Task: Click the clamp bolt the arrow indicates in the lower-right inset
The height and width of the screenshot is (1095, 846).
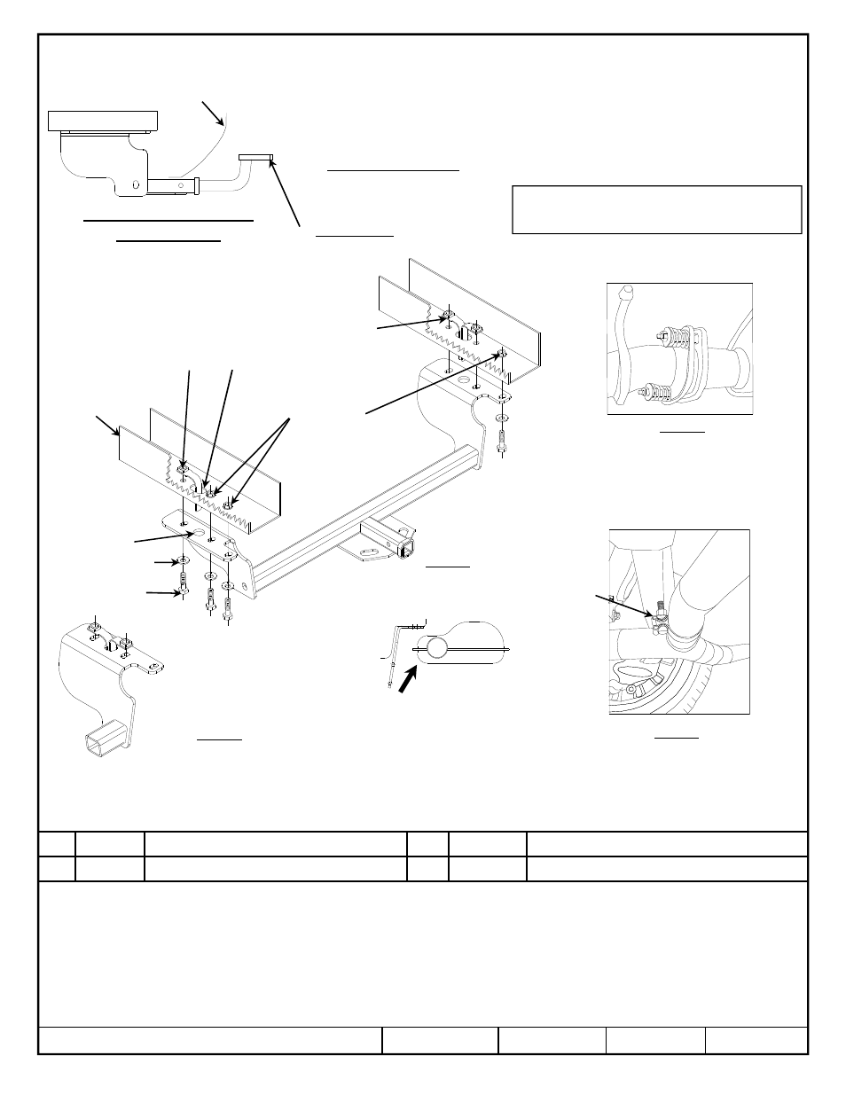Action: [x=660, y=613]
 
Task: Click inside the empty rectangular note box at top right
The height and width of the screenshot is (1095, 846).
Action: [x=656, y=209]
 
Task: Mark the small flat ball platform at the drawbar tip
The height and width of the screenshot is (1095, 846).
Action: [x=256, y=158]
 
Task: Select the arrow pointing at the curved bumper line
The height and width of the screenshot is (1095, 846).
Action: [x=212, y=113]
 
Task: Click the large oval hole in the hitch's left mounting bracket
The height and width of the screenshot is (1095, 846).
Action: [x=199, y=534]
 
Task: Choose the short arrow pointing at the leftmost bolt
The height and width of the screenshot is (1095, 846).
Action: [x=164, y=592]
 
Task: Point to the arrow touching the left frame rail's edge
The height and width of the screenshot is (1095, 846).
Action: [x=109, y=426]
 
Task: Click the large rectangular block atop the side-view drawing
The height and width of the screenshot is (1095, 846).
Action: [x=103, y=120]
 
